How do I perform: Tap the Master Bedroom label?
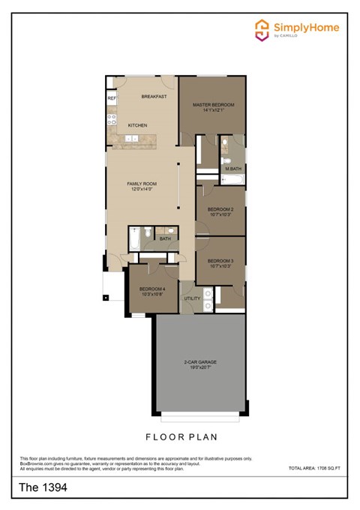(213, 104)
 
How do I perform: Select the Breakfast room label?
(153, 97)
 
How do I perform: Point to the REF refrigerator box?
(111, 98)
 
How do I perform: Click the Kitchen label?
(136, 125)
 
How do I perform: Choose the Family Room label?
(139, 183)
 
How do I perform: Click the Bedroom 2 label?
(220, 208)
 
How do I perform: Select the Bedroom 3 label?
(220, 260)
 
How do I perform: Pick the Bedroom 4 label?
(151, 289)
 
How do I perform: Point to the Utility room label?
(192, 298)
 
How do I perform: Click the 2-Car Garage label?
(200, 362)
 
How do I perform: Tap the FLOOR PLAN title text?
(181, 436)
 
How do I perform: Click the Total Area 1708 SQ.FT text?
(313, 468)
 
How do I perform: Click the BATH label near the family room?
(165, 239)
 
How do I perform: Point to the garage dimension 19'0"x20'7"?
(200, 368)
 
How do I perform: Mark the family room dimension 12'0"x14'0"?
(139, 189)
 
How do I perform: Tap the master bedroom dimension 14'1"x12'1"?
(213, 110)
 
